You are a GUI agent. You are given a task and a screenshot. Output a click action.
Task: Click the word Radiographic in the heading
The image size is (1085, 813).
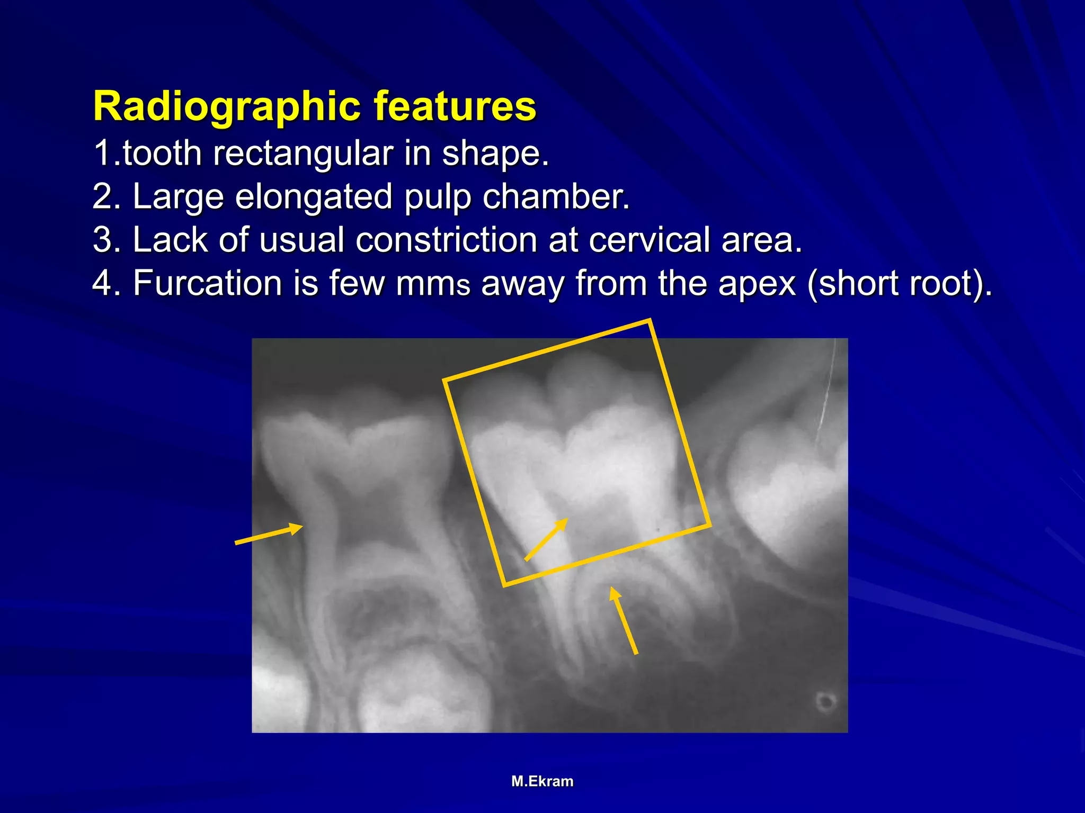[227, 107]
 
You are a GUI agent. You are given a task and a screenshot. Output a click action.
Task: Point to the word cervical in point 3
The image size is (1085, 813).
[649, 240]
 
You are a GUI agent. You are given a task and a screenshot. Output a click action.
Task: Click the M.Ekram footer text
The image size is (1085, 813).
[542, 781]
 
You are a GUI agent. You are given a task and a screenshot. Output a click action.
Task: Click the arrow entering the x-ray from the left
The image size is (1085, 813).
[269, 534]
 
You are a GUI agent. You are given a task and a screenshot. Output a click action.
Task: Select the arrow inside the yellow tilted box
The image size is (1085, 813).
[546, 539]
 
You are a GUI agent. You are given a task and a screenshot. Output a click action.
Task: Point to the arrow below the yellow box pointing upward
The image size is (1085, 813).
[624, 620]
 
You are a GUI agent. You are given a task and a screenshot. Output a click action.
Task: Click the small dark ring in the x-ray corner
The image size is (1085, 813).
[825, 702]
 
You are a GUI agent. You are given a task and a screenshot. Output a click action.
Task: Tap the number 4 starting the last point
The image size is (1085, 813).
[101, 283]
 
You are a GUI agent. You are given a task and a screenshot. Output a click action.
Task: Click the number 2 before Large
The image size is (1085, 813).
[101, 197]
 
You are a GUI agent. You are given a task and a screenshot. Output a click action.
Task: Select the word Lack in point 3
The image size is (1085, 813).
[170, 240]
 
